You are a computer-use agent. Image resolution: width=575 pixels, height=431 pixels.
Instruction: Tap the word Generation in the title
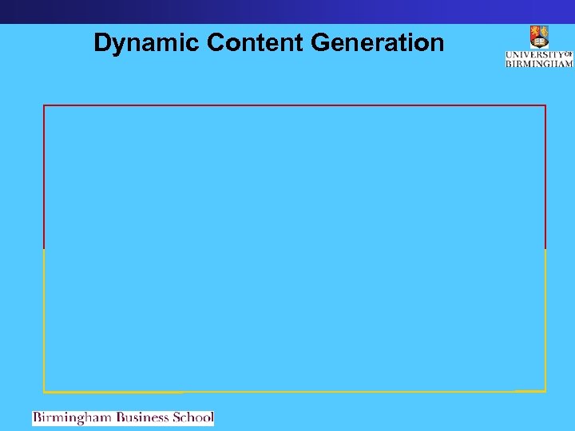pos(377,42)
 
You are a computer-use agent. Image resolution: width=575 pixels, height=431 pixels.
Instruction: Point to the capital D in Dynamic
pos(101,42)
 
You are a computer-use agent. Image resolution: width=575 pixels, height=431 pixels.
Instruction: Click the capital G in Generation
pos(320,42)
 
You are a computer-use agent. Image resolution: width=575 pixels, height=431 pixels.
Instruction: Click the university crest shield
pos(539,37)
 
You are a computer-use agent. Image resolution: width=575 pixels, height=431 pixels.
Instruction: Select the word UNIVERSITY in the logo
pos(534,55)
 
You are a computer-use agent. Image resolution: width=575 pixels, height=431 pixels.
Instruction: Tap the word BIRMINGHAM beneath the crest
pos(539,63)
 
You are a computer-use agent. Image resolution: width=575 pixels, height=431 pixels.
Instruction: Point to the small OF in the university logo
pos(569,53)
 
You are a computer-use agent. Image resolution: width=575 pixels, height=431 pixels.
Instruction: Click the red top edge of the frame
pos(295,105)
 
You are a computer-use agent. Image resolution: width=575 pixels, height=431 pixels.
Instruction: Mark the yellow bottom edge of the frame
pos(295,392)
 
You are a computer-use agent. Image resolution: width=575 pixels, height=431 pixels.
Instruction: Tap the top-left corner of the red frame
pos(44,105)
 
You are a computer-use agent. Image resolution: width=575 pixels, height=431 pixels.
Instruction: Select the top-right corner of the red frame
pos(545,105)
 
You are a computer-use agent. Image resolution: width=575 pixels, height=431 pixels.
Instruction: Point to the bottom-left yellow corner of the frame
pos(44,392)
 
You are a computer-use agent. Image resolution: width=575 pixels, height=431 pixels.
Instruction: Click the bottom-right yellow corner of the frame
pos(545,391)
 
